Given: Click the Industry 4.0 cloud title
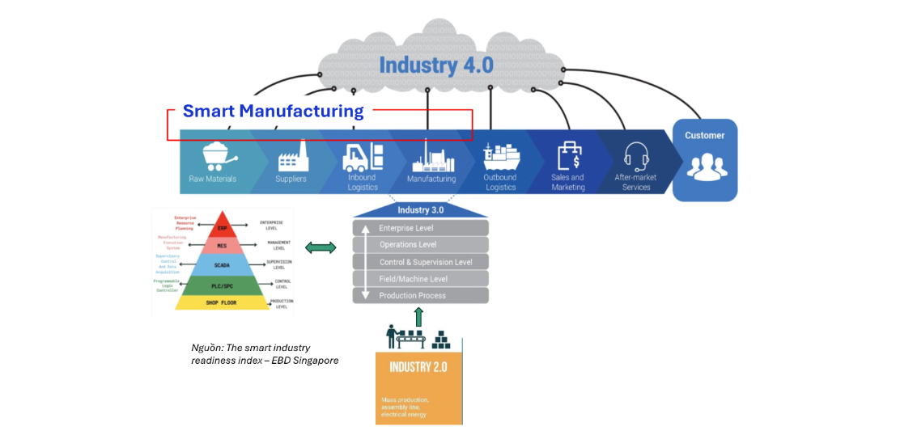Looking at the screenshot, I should click(435, 65).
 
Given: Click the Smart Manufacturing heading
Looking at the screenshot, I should click(273, 111).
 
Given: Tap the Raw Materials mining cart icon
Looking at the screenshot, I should click(214, 154).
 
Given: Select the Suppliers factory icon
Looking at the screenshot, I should click(293, 155).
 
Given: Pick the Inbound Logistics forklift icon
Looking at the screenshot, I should click(358, 156).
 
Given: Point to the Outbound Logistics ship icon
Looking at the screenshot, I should click(501, 155).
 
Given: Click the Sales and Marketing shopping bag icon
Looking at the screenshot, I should click(568, 155).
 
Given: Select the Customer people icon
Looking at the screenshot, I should click(707, 163).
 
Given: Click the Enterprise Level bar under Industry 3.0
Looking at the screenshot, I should click(420, 228).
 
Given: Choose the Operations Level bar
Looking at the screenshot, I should click(420, 245).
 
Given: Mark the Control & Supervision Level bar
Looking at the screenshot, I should click(420, 262).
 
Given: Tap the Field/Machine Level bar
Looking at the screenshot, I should click(420, 279).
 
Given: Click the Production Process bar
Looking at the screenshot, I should click(420, 296).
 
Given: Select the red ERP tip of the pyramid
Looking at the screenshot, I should click(222, 227).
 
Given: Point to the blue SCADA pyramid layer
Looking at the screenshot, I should click(222, 264).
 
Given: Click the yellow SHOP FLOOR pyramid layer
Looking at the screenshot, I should click(222, 302).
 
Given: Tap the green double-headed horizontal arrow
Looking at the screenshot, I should click(321, 247).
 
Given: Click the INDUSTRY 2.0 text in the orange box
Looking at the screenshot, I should click(418, 367).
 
